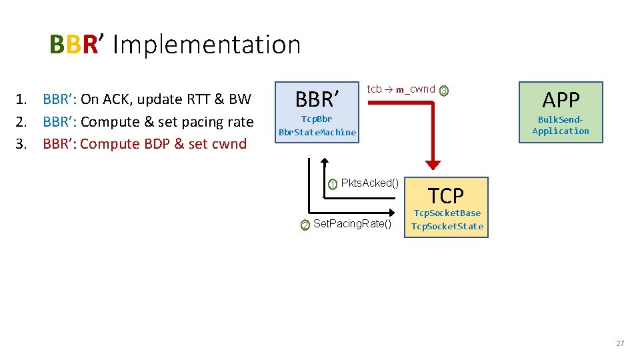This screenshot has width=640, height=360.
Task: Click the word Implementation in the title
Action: pos(207,45)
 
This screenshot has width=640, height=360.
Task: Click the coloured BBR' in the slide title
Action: pos(75,45)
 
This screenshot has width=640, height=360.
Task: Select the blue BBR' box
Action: pos(317,112)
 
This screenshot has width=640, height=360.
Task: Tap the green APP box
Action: pos(561,112)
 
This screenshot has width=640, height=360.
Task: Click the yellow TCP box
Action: pos(447,207)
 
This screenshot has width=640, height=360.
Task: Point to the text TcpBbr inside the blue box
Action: pos(317,119)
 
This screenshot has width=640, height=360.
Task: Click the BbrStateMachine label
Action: pos(317,132)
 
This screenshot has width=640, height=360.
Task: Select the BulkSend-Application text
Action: pos(561,125)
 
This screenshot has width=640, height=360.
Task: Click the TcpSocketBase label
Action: pos(447,213)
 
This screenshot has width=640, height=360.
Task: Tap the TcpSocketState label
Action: pos(447,226)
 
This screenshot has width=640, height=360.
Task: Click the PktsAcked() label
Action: pos(369,183)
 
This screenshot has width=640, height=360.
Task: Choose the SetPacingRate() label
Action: pos(352,223)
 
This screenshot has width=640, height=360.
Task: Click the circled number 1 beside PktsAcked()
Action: pos(333,185)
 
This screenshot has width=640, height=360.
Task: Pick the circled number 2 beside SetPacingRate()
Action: pos(305,225)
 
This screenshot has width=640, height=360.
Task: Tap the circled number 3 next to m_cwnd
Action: pos(444,91)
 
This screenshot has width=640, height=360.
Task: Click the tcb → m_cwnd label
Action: pos(401,89)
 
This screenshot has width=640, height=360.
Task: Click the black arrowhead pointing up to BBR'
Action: pos(324,162)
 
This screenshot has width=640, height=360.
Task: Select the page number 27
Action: pos(620,343)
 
